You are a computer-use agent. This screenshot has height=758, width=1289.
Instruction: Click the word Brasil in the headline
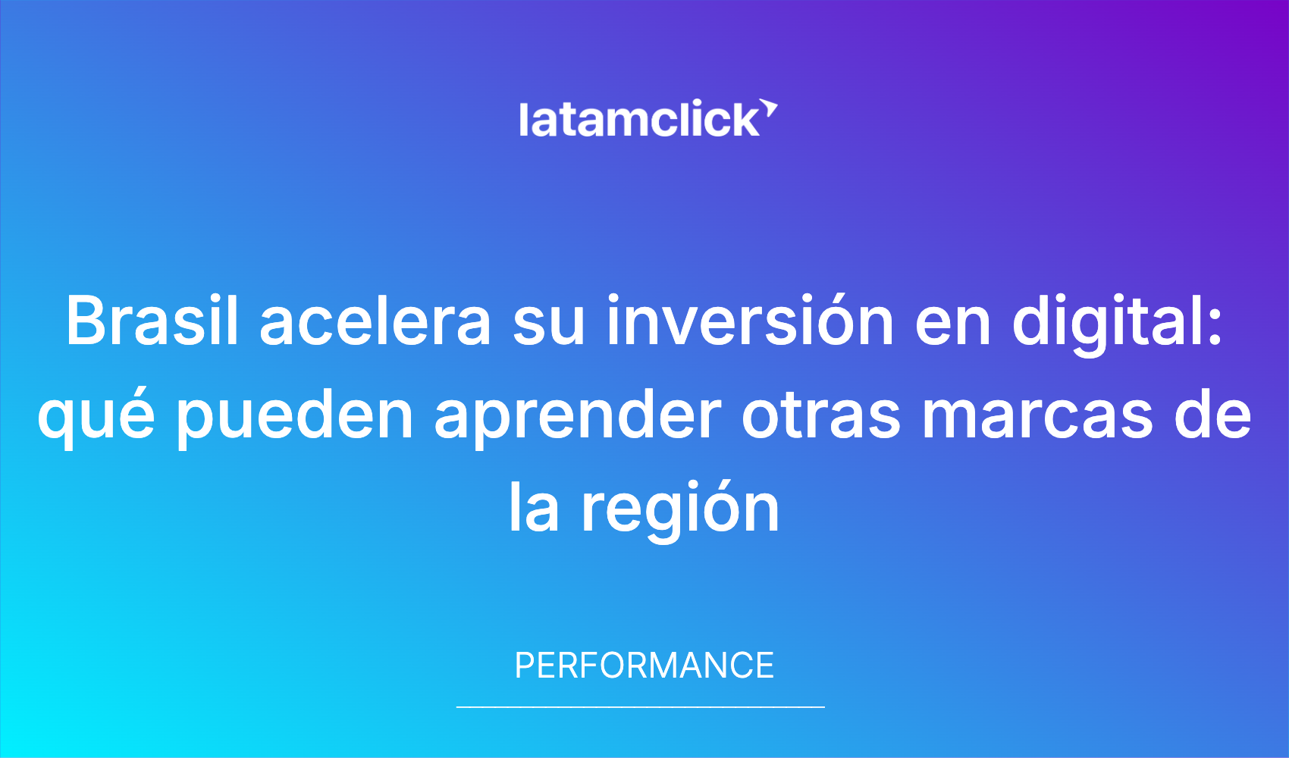pyautogui.click(x=152, y=321)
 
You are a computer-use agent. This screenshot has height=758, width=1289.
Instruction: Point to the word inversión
pyautogui.click(x=751, y=321)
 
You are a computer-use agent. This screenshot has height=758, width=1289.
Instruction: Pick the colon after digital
pyautogui.click(x=1215, y=327)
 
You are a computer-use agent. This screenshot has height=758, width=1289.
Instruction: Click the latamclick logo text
pyautogui.click(x=639, y=118)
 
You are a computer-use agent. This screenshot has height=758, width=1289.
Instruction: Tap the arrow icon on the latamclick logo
pyautogui.click(x=769, y=108)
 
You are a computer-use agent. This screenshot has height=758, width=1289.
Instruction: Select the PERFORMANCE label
pyautogui.click(x=644, y=666)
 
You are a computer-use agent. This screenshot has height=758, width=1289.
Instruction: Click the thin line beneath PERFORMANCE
pyautogui.click(x=641, y=706)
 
